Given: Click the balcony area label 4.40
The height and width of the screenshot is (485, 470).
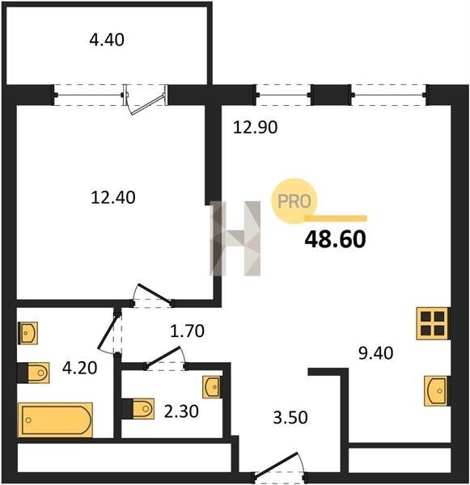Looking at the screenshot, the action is point(107,40).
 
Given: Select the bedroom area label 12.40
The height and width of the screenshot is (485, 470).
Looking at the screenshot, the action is point(113,197).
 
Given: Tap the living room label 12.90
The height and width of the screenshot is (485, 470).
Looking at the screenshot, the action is point(255,127).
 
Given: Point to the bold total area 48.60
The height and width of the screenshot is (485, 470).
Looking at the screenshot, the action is point(336,239).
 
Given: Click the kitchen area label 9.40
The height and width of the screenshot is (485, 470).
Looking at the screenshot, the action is point(376,353).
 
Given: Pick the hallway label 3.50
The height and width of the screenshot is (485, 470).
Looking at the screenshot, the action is point(290,417).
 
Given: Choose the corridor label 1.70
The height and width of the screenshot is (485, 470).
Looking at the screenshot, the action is point(188,331).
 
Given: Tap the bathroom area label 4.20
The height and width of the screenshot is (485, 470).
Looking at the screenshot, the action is point(79,368).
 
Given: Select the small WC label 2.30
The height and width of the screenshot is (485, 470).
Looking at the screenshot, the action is point(181,411).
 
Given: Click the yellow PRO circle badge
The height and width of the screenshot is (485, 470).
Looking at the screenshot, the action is point(294,201).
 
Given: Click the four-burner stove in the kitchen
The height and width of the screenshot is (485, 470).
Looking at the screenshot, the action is point(433,323).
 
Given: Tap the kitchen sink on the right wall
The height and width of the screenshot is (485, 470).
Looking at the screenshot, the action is point(437,391).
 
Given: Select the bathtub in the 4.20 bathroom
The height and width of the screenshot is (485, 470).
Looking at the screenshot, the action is point(56,420).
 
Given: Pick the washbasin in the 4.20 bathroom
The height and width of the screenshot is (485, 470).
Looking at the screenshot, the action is point(28,333).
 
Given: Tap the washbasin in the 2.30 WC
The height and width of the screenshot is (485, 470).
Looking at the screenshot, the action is point(212,386).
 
